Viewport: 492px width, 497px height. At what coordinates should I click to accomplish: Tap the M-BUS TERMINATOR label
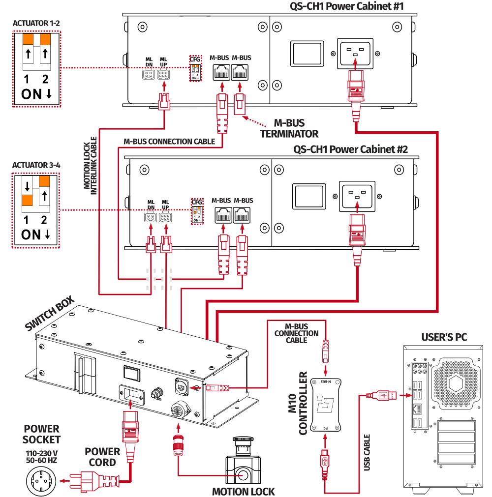click(289, 128)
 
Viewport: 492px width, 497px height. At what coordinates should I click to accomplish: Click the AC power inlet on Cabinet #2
click(357, 195)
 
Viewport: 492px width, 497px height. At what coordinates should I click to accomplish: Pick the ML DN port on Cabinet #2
click(150, 218)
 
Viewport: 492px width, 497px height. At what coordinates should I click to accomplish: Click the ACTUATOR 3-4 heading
click(36, 165)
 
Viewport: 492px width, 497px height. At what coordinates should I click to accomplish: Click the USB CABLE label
click(367, 452)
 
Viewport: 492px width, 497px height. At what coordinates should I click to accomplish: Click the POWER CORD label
click(102, 457)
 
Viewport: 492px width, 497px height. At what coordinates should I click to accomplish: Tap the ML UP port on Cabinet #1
click(163, 75)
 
